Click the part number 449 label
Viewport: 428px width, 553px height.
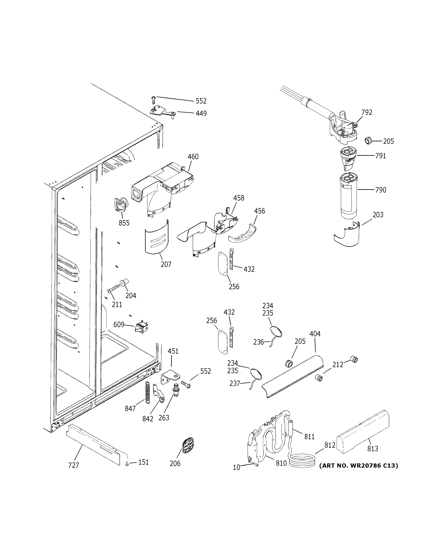click(201, 113)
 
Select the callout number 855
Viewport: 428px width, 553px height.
click(124, 223)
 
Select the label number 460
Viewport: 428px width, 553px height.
click(193, 157)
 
